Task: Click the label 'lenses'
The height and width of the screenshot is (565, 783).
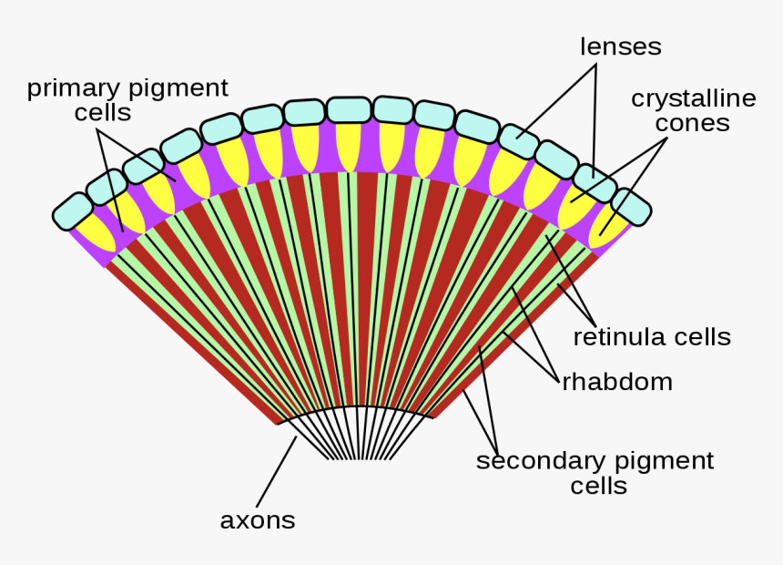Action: click(x=620, y=46)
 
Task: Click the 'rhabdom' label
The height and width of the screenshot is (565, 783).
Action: click(x=617, y=381)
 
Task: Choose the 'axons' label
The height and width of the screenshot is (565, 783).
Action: click(x=258, y=519)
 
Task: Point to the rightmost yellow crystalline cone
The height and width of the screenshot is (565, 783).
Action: click(x=606, y=229)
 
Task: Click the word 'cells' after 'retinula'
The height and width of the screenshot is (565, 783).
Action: click(x=700, y=336)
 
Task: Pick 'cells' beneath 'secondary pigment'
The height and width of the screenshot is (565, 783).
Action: click(x=598, y=486)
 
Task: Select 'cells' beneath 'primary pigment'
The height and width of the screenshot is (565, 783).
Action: click(x=103, y=112)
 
